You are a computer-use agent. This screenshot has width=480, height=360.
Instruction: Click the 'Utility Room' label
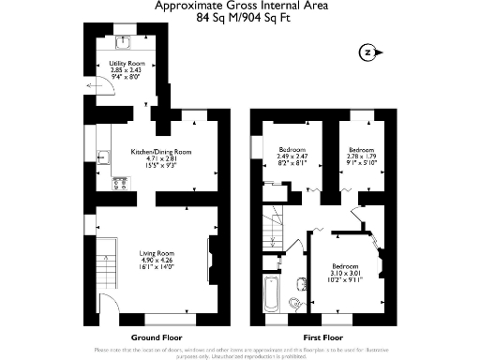(124, 64)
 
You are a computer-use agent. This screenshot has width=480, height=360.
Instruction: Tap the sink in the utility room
(125, 42)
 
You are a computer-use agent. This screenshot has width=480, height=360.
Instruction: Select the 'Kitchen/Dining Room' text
(161, 151)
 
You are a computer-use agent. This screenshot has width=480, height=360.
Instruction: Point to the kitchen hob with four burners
(119, 182)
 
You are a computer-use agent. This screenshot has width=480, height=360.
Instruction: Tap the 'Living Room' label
(157, 253)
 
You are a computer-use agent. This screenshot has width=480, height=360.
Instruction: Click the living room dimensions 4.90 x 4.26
(157, 262)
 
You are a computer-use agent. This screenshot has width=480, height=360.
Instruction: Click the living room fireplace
(209, 257)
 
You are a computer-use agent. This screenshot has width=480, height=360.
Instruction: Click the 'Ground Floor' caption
(157, 337)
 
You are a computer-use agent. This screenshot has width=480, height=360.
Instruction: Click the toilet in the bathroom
(297, 301)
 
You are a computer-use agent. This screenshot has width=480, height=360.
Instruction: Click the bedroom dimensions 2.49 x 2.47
(291, 157)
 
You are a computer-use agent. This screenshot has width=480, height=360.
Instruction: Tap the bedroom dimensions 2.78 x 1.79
(362, 157)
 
